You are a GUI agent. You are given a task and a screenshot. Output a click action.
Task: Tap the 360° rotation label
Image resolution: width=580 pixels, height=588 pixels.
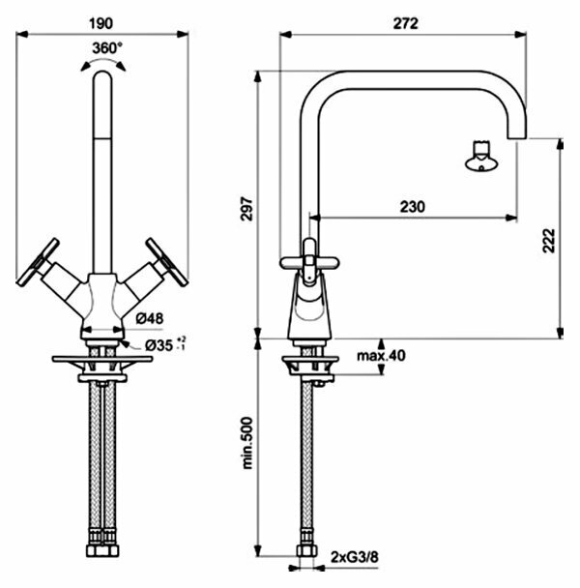point(106,47)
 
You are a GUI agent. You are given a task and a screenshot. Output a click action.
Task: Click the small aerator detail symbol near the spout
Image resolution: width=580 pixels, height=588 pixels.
point(480,157)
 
